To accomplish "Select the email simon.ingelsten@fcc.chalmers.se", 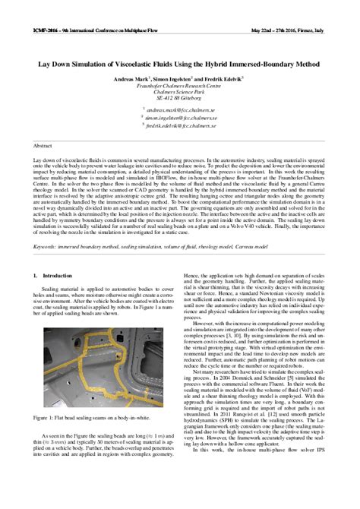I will pos(180,119).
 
